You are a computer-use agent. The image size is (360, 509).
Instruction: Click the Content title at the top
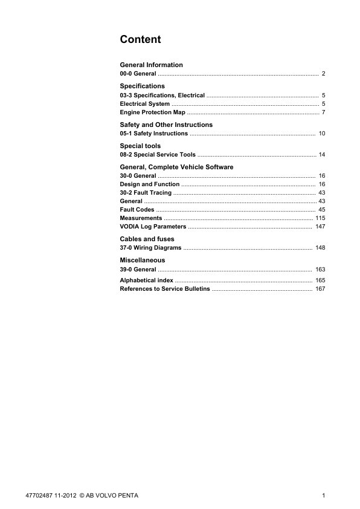pos(140,40)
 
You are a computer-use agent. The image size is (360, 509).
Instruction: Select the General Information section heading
pos(151,65)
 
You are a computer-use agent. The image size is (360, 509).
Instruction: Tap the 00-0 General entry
pos(138,74)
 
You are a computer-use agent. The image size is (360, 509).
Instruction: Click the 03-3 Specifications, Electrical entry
pos(162,96)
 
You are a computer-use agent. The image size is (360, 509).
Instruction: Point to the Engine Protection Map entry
pos(152,112)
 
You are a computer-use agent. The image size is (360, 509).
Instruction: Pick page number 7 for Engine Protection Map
pos(324,112)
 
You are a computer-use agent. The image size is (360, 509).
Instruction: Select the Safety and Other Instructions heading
pos(166,125)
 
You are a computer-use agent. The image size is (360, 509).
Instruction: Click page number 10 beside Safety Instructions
pos(322,134)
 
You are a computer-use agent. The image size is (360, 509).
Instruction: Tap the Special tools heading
pos(140,146)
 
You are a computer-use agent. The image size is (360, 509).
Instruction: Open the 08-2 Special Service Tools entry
pos(158,155)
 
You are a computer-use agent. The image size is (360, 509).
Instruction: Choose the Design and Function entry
pos(149,184)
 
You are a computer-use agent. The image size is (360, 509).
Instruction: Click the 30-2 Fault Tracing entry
pos(146,193)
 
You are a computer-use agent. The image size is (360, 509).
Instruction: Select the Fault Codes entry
pos(137,210)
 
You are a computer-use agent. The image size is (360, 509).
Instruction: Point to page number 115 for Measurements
pos(320,218)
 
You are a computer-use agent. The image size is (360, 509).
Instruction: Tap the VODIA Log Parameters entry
pos(153,227)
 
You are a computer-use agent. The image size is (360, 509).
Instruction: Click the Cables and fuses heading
pos(147,239)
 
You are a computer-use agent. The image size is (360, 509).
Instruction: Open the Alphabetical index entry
pos(146,280)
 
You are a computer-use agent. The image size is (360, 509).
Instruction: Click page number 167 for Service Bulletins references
pos(320,289)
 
